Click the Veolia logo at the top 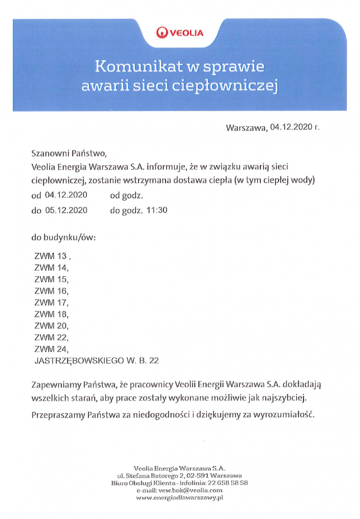point(180,33)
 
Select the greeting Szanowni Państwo point(68,154)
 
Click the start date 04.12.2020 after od point(66,196)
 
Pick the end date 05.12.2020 point(66,211)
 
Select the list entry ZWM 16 point(50,291)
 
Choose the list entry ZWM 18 point(50,314)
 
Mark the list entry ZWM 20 point(50,325)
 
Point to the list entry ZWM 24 point(50,349)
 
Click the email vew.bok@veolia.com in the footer point(179,490)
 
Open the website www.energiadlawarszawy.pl point(179,498)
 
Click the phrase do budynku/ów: point(64,238)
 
